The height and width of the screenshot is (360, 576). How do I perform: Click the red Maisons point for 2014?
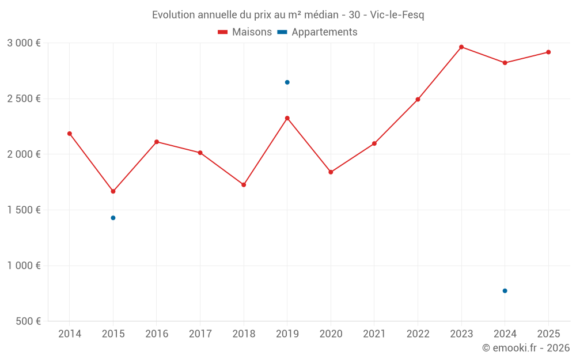click(70, 134)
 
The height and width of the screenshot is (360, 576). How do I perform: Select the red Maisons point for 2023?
click(461, 47)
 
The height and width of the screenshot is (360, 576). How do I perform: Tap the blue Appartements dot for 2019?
click(287, 82)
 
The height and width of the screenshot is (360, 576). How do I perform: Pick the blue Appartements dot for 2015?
click(113, 218)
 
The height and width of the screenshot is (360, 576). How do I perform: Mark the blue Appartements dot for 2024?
click(505, 291)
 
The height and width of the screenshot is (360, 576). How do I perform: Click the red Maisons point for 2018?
click(244, 185)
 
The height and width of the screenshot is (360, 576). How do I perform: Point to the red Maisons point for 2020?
click(331, 172)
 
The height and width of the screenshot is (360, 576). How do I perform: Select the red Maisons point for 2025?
click(548, 52)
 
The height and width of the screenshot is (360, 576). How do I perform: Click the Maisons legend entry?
click(245, 32)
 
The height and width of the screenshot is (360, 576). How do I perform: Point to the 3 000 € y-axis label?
click(24, 43)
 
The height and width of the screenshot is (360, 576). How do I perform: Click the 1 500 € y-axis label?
click(24, 210)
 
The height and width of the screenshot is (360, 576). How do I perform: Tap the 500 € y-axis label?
click(27, 321)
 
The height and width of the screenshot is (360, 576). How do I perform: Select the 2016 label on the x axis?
click(157, 334)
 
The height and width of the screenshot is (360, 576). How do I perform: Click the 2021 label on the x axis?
click(374, 334)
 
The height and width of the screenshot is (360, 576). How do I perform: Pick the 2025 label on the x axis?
click(548, 334)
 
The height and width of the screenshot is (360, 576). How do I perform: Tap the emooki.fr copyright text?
click(526, 348)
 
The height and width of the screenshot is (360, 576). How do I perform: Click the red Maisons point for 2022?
click(418, 100)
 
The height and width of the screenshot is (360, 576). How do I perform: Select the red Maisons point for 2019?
click(287, 118)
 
